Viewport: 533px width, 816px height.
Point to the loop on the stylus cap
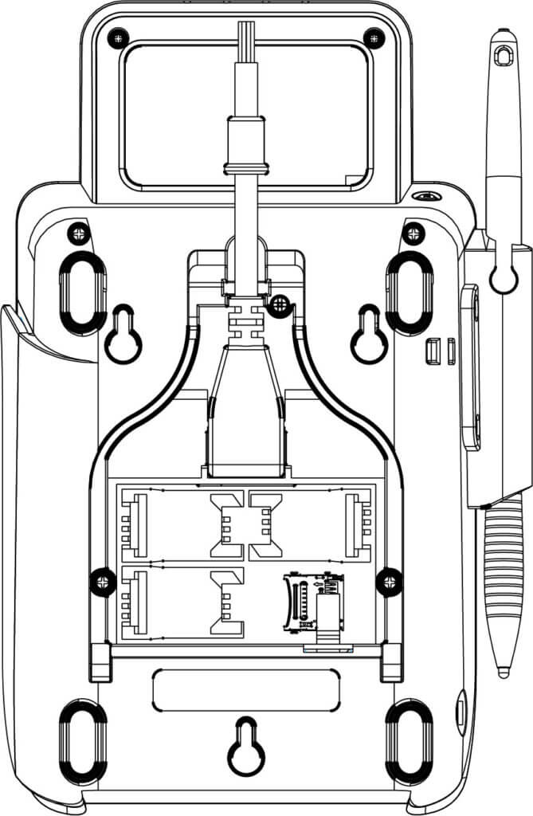tap(502, 56)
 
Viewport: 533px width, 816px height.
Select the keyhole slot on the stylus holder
tap(503, 276)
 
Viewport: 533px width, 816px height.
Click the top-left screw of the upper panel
tap(119, 35)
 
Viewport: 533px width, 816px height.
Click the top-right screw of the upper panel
tap(373, 35)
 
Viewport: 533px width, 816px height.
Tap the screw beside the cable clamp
tap(278, 304)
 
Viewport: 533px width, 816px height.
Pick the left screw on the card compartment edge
tap(103, 581)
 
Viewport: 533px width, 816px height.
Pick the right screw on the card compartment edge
tap(390, 581)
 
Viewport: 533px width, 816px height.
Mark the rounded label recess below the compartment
tap(245, 690)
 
